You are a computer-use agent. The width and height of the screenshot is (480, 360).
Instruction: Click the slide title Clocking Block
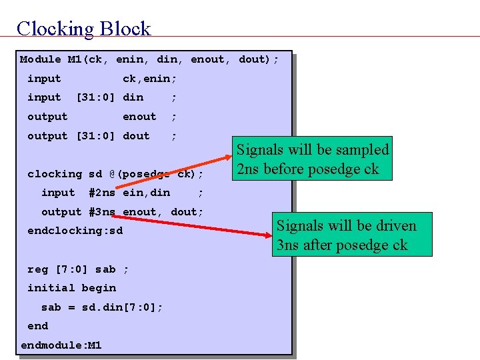(x=84, y=28)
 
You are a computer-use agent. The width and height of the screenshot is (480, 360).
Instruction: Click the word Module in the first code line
(x=40, y=59)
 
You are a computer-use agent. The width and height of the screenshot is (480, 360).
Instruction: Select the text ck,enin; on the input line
(x=149, y=79)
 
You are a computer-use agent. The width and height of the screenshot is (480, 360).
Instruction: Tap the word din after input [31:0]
(x=133, y=97)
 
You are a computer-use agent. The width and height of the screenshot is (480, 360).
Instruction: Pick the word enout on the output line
(x=139, y=117)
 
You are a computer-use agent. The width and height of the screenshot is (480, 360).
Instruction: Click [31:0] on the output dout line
(x=95, y=136)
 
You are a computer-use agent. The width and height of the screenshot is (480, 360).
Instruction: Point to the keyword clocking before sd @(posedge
(x=55, y=174)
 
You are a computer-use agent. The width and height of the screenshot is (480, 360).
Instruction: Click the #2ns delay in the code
(x=102, y=193)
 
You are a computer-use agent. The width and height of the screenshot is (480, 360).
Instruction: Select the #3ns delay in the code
(x=102, y=212)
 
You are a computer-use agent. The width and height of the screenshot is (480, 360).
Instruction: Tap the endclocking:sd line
(x=75, y=231)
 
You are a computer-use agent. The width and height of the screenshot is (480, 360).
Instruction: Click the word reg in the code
(x=37, y=269)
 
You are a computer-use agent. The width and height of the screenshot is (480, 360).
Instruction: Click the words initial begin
(x=71, y=288)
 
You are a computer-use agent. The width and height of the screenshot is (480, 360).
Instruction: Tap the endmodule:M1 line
(x=61, y=345)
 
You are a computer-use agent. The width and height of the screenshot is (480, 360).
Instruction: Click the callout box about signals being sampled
(x=313, y=159)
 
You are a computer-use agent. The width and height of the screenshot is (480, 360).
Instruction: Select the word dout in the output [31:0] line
(x=136, y=136)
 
